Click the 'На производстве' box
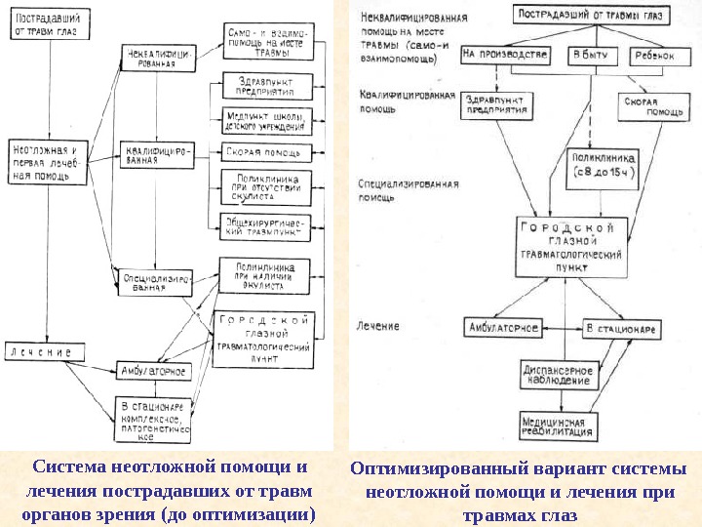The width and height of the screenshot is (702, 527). pos(506,56)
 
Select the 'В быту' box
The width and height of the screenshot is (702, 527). pos(590,56)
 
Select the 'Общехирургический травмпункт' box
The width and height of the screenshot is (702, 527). pos(264,226)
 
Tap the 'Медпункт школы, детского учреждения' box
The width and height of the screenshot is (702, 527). pos(264,119)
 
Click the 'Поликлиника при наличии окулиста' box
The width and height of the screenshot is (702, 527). pos(265,276)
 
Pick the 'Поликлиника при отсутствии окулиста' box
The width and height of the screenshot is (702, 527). pos(264,185)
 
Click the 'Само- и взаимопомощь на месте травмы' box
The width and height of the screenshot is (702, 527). pos(264,41)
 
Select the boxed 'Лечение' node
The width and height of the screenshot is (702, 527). pos(42,349)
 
